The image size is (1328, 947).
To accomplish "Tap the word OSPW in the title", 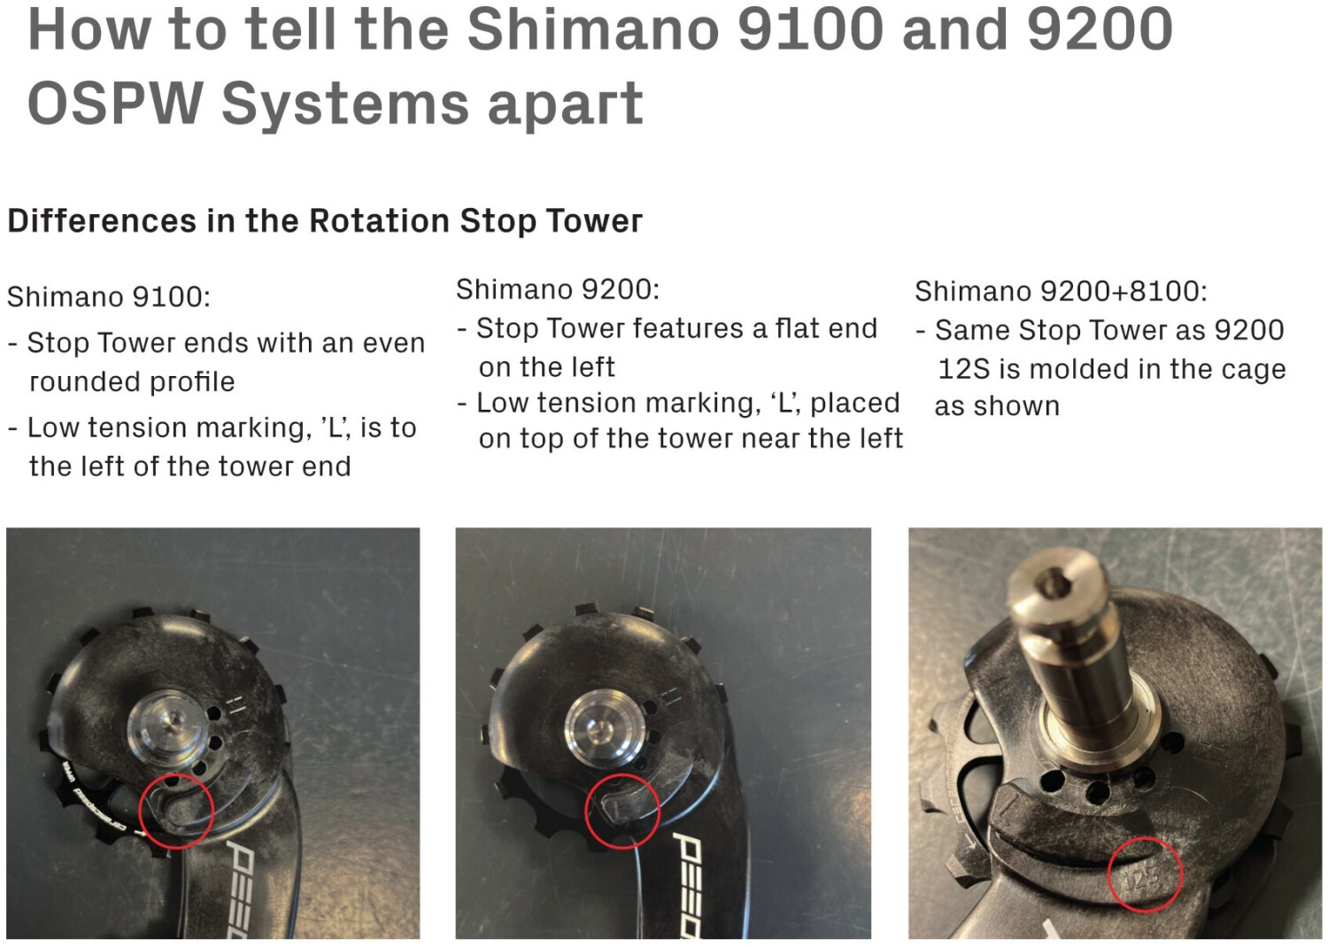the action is tap(115, 102).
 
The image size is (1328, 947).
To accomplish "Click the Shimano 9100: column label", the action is tap(109, 296).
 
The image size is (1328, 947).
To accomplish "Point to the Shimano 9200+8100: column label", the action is tap(1061, 291).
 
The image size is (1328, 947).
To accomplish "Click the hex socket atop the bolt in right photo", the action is tap(1050, 586).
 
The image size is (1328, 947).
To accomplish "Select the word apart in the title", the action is tap(565, 104).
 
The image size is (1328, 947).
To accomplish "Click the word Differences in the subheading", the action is tap(102, 221).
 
